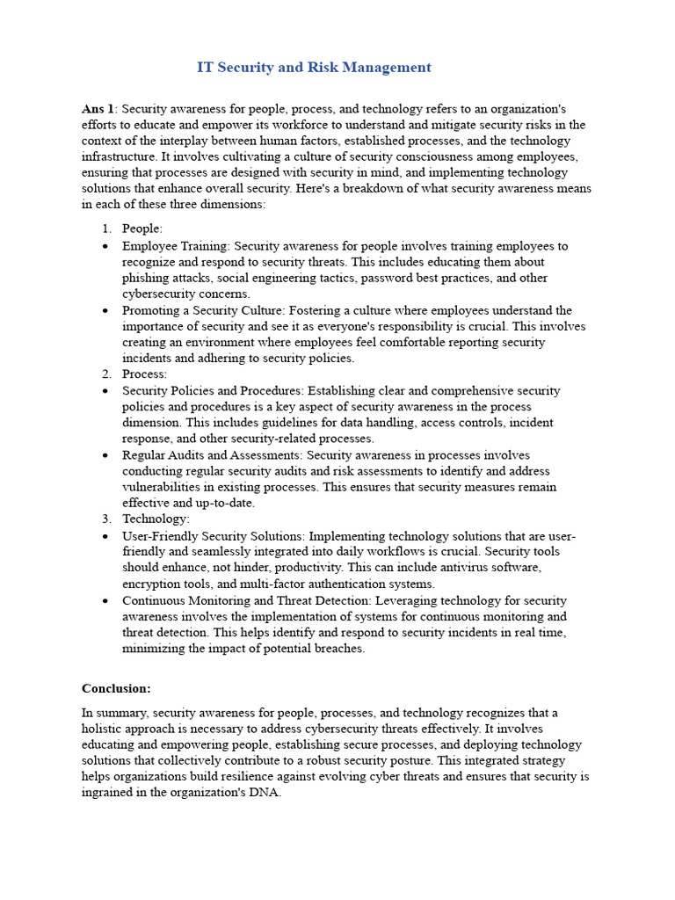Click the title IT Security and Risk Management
click(x=313, y=67)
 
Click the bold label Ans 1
click(x=98, y=109)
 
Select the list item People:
click(x=142, y=229)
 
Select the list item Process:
click(x=144, y=374)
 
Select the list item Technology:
click(x=156, y=519)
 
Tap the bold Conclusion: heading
click(x=116, y=688)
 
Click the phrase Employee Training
click(x=174, y=246)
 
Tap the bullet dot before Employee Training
click(x=105, y=246)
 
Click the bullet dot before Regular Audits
click(x=105, y=455)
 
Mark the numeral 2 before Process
click(x=106, y=374)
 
